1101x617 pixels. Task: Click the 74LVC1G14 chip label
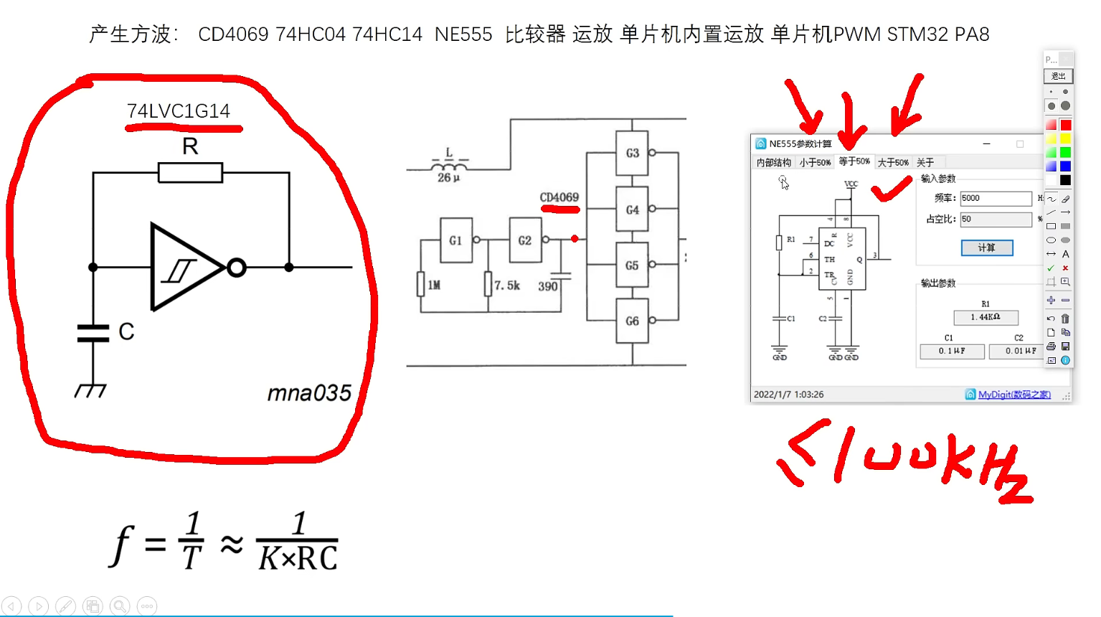coord(179,111)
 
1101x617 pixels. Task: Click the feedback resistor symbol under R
coord(190,173)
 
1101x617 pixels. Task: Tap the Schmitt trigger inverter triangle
coord(184,268)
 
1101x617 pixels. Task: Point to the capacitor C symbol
coord(93,333)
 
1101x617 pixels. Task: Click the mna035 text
coord(309,393)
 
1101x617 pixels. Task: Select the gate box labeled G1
coord(455,240)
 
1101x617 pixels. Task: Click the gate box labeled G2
coord(525,240)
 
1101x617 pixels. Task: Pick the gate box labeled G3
coord(632,153)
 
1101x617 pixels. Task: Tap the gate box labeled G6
coord(632,321)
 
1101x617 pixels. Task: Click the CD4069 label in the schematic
coord(559,197)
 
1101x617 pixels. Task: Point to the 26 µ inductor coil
coord(448,166)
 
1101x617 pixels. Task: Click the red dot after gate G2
coord(575,239)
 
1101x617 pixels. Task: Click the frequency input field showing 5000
coord(996,198)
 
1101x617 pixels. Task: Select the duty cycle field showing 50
coord(996,219)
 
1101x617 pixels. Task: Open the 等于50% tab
coord(854,162)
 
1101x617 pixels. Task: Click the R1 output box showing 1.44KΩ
coord(986,317)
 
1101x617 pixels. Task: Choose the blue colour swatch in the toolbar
coord(1065,166)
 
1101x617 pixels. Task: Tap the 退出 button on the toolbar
coord(1058,76)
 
